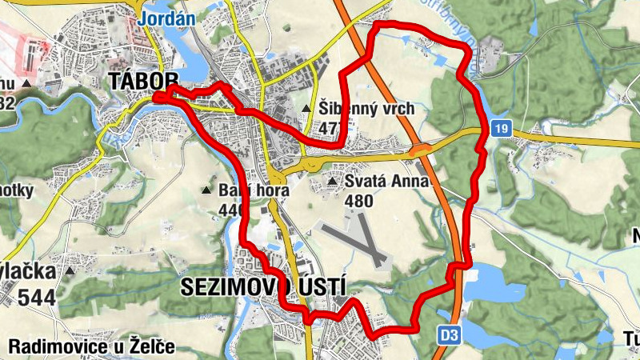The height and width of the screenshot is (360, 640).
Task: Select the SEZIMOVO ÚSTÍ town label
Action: tap(263, 286)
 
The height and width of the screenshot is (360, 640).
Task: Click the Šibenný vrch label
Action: tap(366, 108)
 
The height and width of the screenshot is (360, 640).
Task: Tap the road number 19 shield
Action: tap(502, 128)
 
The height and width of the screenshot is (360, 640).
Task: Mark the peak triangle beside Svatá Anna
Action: tap(332, 183)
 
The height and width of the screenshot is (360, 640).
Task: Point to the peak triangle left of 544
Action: tap(70, 271)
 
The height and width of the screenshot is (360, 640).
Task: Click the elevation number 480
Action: tap(358, 201)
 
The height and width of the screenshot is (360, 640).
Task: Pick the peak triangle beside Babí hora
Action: tap(206, 190)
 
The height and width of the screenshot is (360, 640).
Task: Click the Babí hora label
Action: tap(248, 190)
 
